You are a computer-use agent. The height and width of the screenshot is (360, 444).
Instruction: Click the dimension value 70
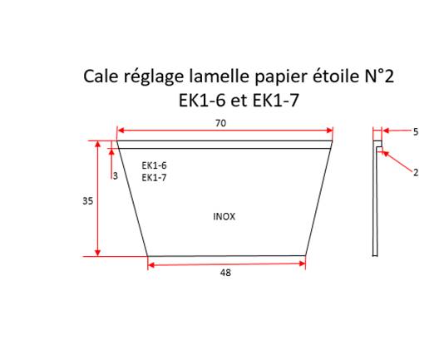coord(221,124)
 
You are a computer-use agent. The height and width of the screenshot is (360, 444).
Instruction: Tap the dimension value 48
coord(225,273)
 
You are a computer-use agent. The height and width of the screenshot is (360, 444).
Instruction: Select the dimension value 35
coord(88,201)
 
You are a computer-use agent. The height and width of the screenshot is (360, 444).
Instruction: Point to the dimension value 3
coord(116,176)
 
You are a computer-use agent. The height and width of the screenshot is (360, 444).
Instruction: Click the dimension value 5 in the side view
coord(416,132)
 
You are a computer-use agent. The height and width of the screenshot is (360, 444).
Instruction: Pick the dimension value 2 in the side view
coord(416,172)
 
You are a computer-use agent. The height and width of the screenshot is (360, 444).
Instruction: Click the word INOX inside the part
coord(224,217)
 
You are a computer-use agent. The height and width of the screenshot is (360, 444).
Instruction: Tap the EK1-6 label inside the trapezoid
coord(154,165)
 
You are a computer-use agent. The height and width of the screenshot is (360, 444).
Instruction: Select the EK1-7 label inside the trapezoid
coord(154,178)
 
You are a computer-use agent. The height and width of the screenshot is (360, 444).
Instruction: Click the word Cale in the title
coord(101,76)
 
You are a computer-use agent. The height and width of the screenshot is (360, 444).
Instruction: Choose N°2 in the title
coord(379,76)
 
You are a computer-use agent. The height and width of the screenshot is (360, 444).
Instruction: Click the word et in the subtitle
coord(239,101)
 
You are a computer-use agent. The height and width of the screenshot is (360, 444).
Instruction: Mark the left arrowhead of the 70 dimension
coord(121,131)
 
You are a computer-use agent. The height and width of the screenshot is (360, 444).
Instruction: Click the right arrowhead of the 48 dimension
coord(302,264)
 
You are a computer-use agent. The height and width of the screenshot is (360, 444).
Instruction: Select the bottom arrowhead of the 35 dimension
coord(97,253)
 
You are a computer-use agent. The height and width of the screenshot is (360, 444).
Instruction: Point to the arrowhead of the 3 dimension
coord(111,152)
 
